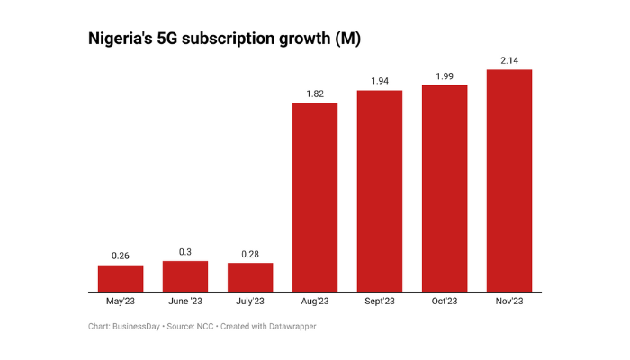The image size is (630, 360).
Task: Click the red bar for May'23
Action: pyautogui.click(x=121, y=278)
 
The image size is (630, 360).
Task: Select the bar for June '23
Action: pyautogui.click(x=185, y=276)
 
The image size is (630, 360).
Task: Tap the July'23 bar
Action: pyautogui.click(x=250, y=277)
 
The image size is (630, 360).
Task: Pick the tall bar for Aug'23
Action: pyautogui.click(x=315, y=197)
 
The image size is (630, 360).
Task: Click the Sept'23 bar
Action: pyautogui.click(x=380, y=191)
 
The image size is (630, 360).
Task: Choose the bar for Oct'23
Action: pyautogui.click(x=445, y=188)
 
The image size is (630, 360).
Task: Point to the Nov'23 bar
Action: pyautogui.click(x=509, y=180)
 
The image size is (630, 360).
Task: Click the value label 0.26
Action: pyautogui.click(x=121, y=256)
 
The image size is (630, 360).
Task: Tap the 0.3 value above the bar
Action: pyautogui.click(x=185, y=252)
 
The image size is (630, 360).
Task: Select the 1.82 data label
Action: pyautogui.click(x=315, y=94)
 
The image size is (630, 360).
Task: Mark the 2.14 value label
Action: pyautogui.click(x=509, y=60)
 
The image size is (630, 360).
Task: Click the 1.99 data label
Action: pyautogui.click(x=445, y=76)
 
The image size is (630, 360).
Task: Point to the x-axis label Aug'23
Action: pyautogui.click(x=315, y=301)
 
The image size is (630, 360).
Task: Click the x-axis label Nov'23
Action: pyautogui.click(x=509, y=301)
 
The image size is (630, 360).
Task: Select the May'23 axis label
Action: pyautogui.click(x=121, y=301)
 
